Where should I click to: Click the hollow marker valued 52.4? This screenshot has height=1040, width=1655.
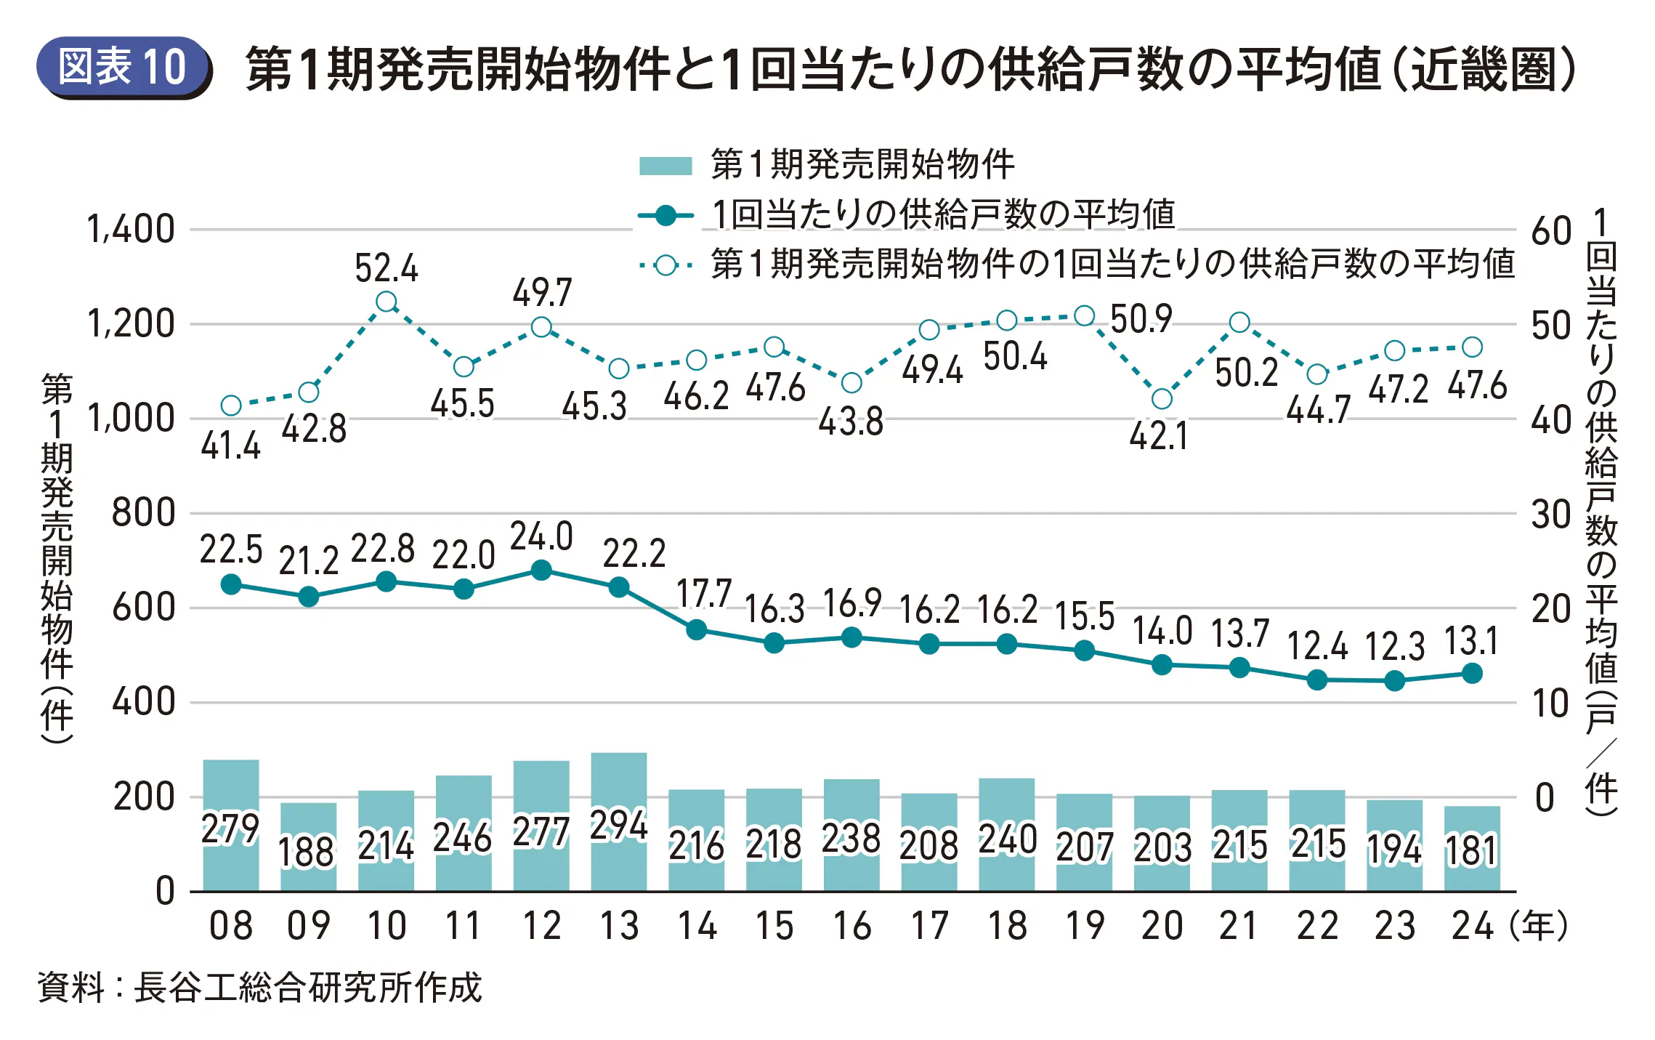[x=387, y=302]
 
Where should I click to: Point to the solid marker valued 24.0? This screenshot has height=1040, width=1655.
[x=541, y=571]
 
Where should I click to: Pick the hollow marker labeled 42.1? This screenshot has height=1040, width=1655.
[x=1162, y=398]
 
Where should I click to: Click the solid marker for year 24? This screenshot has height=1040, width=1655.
[x=1472, y=674]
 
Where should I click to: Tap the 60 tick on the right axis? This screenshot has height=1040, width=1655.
[x=1550, y=231]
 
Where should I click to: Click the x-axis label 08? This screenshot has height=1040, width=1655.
[x=231, y=926]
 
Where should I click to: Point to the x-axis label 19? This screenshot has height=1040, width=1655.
[x=1085, y=926]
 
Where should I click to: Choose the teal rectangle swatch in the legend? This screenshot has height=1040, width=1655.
[x=665, y=165]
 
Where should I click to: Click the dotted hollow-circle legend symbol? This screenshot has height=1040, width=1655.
[x=665, y=265]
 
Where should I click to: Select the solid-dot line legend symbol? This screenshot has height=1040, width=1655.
[x=665, y=216]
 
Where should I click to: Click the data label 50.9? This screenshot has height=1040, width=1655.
[x=1141, y=318]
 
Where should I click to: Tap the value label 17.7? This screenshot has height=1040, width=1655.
[x=703, y=594]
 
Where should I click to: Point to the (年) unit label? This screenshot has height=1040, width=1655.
[x=1538, y=926]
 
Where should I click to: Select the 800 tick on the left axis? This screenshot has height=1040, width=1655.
[x=143, y=513]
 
